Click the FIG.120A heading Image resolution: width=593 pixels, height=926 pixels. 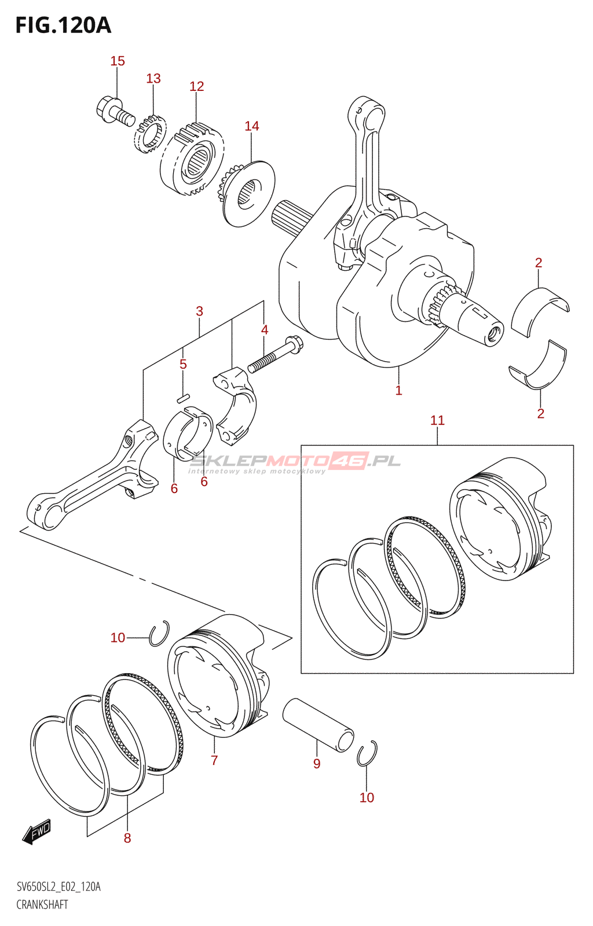tap(63, 25)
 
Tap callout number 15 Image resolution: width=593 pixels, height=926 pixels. tap(118, 61)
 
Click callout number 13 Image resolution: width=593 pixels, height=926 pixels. tap(153, 79)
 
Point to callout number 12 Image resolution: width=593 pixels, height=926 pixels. tap(197, 86)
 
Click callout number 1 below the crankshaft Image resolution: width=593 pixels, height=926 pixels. tap(398, 390)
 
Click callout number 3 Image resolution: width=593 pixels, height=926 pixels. tap(199, 311)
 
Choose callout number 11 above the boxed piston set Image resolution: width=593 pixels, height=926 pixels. tap(437, 420)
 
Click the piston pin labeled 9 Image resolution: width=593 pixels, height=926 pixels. tap(318, 725)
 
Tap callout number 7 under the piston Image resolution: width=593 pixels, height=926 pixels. tap(214, 760)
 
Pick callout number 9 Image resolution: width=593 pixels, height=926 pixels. tap(317, 763)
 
